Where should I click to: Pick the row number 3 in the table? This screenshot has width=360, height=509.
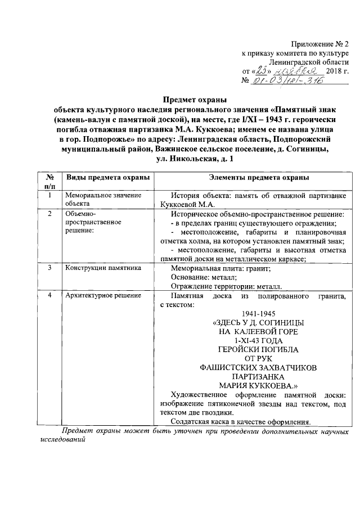click(x=49, y=268)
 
